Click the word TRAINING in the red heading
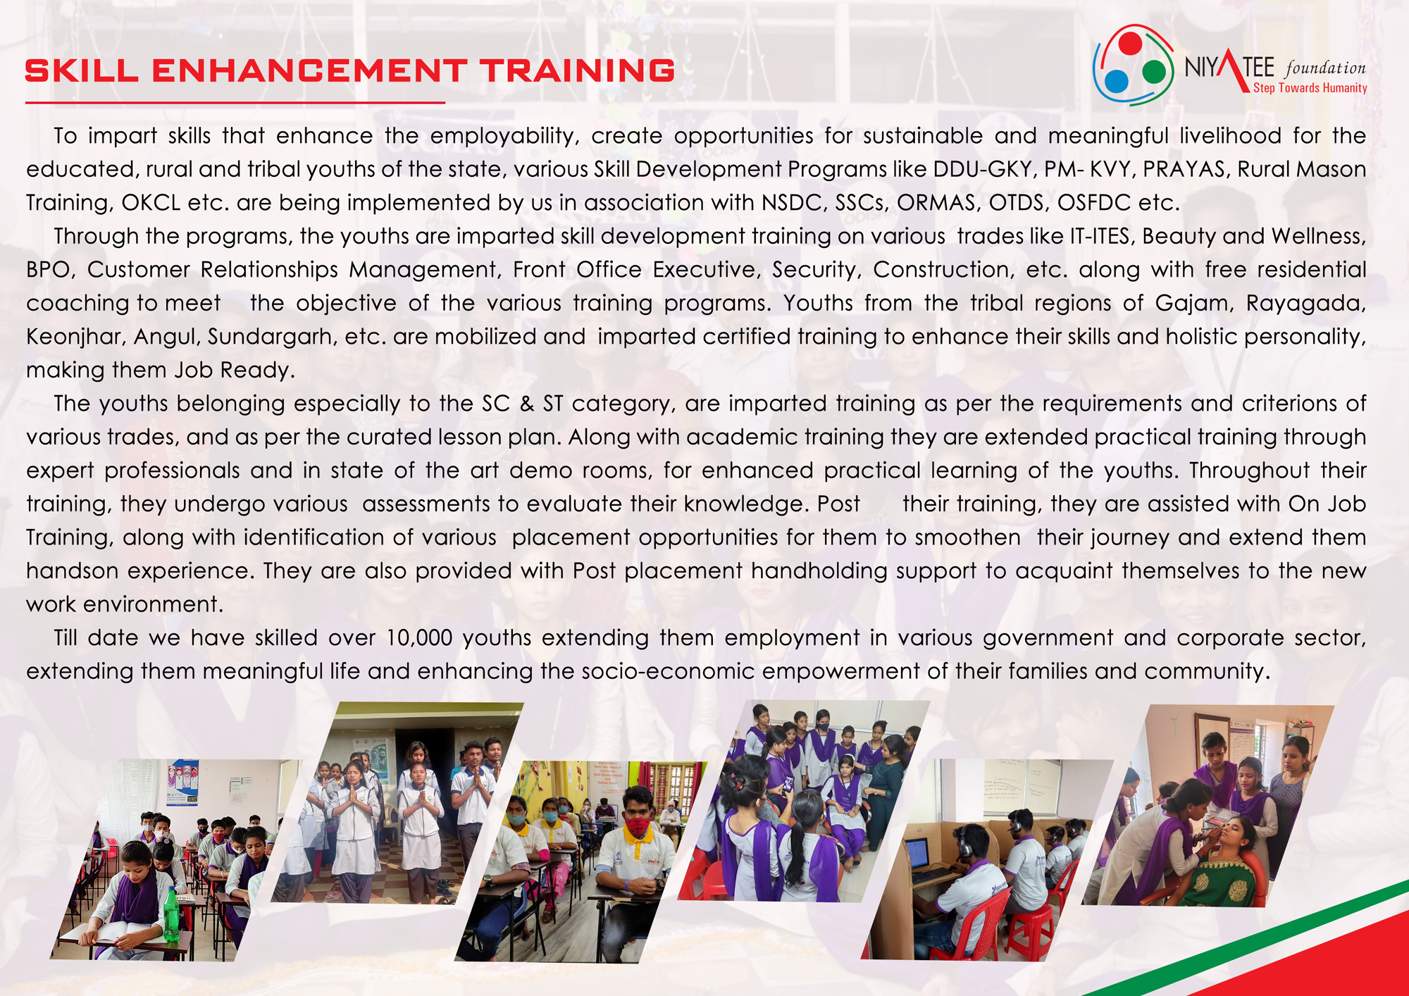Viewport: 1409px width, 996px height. pos(578,70)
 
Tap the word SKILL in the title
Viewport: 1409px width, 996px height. pos(82,70)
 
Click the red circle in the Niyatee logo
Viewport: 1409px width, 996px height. pos(1130,43)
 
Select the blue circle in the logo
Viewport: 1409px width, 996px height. pos(1117,81)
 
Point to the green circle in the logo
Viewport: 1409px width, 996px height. pos(1154,72)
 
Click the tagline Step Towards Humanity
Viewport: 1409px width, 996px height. pos(1310,88)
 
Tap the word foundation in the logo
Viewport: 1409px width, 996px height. pos(1325,68)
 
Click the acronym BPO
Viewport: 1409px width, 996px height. pos(49,270)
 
